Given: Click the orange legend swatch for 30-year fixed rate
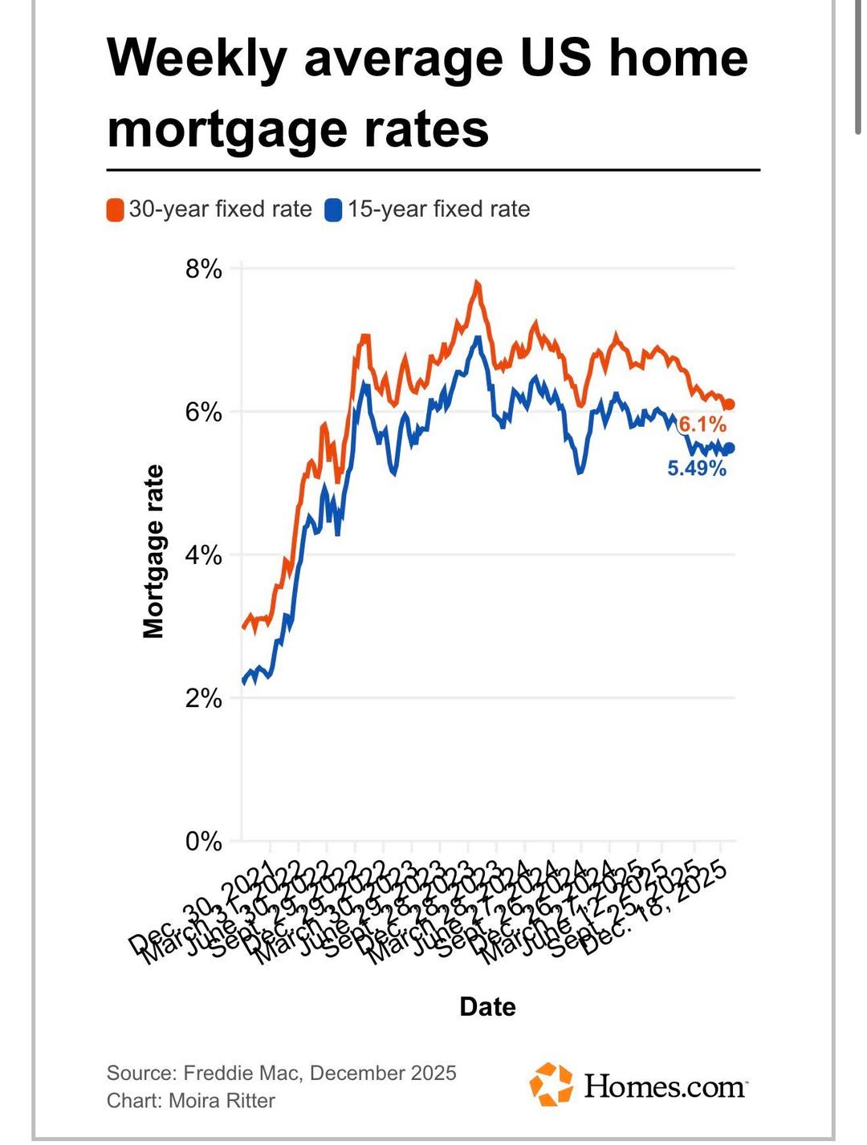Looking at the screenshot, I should click(115, 210).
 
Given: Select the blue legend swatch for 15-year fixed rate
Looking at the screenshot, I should click(333, 210).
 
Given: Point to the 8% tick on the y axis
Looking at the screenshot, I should click(203, 269).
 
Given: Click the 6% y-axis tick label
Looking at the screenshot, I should click(203, 412).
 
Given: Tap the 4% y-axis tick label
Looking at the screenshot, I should click(203, 555).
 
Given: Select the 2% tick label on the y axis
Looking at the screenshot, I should click(203, 698).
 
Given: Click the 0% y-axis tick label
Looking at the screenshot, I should click(203, 841).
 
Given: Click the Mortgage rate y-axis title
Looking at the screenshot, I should click(153, 551).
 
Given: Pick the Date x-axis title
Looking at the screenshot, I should click(487, 1006).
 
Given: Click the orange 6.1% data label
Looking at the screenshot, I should click(702, 424).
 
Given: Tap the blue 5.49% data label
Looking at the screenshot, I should click(696, 468).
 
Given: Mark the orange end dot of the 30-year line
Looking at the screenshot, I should click(729, 405).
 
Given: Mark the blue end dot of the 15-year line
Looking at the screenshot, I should click(729, 449).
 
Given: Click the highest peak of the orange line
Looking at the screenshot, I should click(477, 283).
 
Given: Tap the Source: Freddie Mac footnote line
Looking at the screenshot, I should click(281, 1073).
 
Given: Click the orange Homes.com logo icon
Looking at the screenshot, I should click(551, 1085).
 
